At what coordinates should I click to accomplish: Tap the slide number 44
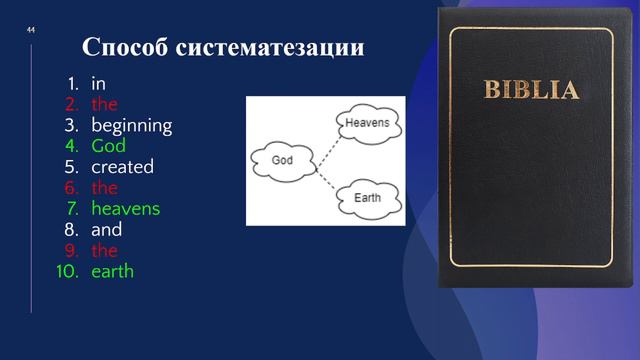31,34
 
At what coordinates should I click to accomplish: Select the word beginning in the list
131,126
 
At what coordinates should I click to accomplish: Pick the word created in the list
122,167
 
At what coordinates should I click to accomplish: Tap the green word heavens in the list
125,209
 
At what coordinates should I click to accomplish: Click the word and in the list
106,230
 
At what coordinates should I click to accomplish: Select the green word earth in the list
112,271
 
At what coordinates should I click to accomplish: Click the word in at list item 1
98,84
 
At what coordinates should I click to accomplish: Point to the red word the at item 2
104,105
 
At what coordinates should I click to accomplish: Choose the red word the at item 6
104,188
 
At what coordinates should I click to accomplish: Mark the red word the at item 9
104,251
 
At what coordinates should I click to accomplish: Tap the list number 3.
71,126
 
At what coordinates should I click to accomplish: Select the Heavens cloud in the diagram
366,123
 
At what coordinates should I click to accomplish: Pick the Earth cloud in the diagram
367,197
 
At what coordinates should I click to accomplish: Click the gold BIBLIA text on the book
531,90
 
